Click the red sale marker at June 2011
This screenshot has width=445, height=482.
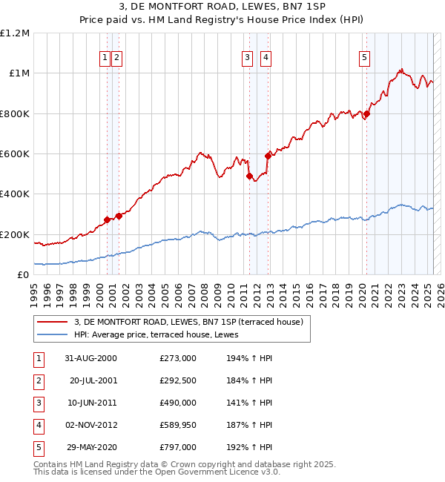tap(249, 176)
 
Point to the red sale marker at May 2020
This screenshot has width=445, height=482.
tap(366, 114)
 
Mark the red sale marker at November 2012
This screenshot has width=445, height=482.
tap(268, 156)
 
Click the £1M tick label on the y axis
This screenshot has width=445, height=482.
tap(19, 73)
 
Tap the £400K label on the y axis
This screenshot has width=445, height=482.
tap(15, 194)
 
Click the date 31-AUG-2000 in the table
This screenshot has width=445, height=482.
tap(90, 358)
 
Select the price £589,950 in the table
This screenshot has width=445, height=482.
tap(178, 426)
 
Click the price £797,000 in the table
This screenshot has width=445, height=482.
tap(178, 448)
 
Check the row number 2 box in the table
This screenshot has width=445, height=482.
tap(38, 381)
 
